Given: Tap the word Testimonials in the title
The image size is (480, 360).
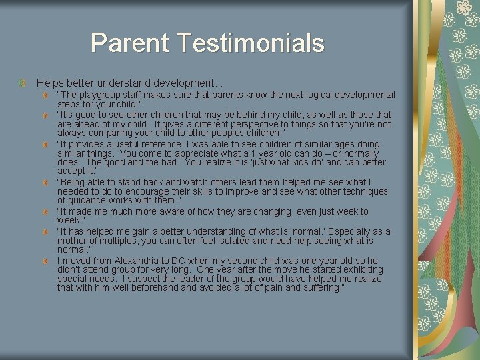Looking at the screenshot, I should tap(251, 43).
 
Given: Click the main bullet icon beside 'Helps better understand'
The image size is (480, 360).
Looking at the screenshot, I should tap(22, 83).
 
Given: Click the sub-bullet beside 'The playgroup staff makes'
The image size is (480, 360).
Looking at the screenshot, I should tap(44, 95).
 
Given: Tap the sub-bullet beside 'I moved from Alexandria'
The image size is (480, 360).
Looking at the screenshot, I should tap(44, 260).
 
